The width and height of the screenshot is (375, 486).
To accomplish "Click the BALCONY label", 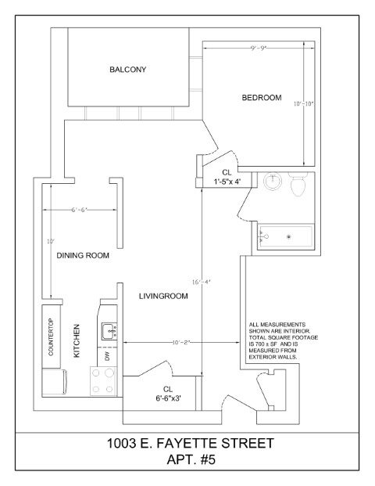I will pyautogui.click(x=127, y=70).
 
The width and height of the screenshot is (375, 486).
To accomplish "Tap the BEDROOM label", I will pyautogui.click(x=261, y=97).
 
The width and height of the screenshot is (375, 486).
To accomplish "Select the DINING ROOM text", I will pyautogui.click(x=82, y=256).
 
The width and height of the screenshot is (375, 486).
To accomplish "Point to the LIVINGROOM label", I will pyautogui.click(x=165, y=297).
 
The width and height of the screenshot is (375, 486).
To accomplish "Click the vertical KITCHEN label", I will pyautogui.click(x=77, y=341).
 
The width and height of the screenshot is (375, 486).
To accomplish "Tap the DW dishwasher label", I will pyautogui.click(x=107, y=356).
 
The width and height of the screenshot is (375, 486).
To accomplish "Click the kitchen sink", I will pyautogui.click(x=108, y=329).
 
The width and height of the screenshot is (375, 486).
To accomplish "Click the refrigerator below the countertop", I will pyautogui.click(x=53, y=383).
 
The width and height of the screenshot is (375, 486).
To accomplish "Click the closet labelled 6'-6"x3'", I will pyautogui.click(x=167, y=393).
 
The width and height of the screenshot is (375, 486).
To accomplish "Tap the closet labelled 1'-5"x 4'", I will pyautogui.click(x=227, y=177).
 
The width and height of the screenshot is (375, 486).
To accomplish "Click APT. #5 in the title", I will pyautogui.click(x=190, y=461).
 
